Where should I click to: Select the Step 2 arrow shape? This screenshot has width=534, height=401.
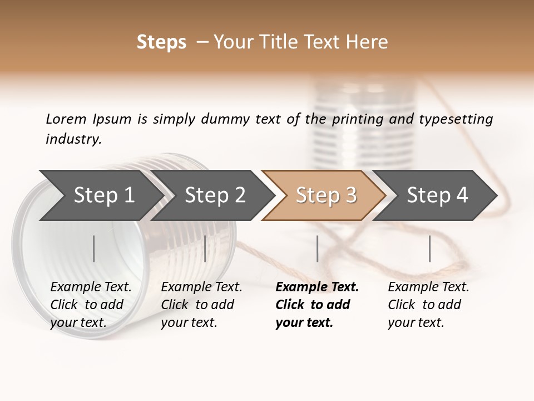[215, 195]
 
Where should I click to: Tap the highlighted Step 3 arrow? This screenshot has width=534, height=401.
[326, 195]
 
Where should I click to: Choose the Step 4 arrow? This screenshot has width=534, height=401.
[437, 195]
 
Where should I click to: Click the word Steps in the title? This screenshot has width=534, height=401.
[161, 42]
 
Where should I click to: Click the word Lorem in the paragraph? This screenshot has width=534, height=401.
[66, 119]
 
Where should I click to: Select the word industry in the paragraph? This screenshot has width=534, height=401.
[72, 139]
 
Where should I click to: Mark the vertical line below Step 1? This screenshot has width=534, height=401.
[94, 248]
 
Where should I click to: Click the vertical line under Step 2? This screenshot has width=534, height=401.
[205, 248]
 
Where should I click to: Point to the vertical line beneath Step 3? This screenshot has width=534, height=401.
[317, 248]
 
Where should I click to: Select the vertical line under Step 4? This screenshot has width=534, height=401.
[429, 248]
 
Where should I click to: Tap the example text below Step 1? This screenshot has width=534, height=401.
[91, 305]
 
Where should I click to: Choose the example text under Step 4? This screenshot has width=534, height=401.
[428, 305]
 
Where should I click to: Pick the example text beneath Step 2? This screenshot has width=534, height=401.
[201, 305]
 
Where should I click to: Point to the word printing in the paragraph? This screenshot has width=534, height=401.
[358, 119]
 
